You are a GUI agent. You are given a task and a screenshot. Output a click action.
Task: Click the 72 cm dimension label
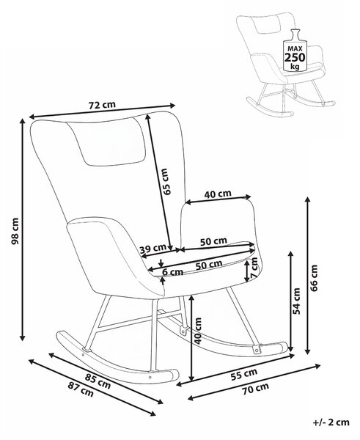[x=102, y=105]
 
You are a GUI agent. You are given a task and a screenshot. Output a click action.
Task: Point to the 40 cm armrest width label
[x=218, y=194]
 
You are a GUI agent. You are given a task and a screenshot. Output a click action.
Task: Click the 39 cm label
[x=153, y=249]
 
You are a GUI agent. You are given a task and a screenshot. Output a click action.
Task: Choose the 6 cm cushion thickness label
[x=173, y=272]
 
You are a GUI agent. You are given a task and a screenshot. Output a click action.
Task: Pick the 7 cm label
[x=254, y=268]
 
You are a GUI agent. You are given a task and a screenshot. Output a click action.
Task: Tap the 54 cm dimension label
[x=296, y=301]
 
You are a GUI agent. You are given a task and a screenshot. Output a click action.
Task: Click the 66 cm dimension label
[x=315, y=278]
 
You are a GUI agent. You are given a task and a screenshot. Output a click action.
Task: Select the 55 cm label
[x=244, y=374]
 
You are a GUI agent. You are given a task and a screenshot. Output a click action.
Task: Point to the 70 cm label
[x=255, y=389]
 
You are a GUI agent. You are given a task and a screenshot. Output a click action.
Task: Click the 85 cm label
[x=98, y=381]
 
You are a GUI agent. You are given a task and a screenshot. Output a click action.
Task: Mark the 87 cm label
[x=81, y=389]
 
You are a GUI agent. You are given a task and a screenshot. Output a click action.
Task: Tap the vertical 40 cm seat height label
[x=198, y=331]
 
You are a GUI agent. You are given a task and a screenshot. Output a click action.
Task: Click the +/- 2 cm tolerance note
[x=331, y=422]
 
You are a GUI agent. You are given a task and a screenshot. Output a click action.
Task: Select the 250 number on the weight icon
[x=295, y=57]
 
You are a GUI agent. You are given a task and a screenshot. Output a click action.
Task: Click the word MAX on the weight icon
[x=295, y=49]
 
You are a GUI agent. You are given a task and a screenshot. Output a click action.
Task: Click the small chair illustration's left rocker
[x=269, y=108]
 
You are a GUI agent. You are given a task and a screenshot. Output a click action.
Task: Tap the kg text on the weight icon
[x=295, y=67]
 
